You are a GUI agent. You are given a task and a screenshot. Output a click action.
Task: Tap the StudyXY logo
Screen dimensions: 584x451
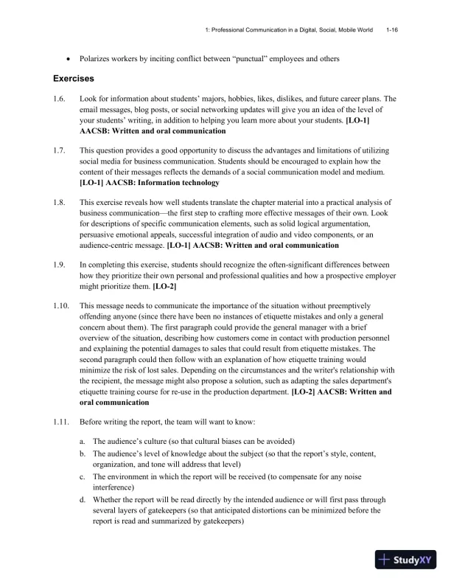tap(406, 559)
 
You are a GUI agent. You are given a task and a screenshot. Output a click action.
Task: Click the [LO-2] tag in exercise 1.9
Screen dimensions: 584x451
tap(164, 285)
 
